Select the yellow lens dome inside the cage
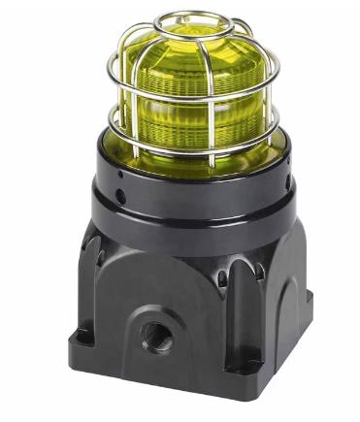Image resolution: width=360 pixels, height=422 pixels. tap(194, 107)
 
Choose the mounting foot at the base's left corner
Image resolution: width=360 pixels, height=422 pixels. tap(82, 340)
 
